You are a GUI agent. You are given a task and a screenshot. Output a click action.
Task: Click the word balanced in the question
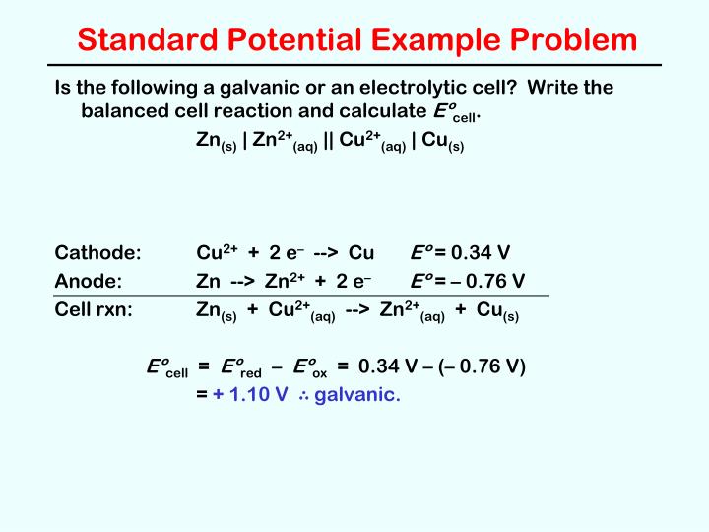(124, 111)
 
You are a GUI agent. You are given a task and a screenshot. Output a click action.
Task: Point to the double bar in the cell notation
(328, 139)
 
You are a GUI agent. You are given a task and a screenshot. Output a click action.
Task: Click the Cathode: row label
(98, 252)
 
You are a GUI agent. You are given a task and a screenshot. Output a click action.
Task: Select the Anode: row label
(89, 281)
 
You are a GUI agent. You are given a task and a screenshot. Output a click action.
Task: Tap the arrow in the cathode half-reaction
(326, 252)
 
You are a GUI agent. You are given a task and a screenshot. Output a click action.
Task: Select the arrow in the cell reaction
(357, 310)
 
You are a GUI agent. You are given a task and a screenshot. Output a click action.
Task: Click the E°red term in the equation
(240, 368)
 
